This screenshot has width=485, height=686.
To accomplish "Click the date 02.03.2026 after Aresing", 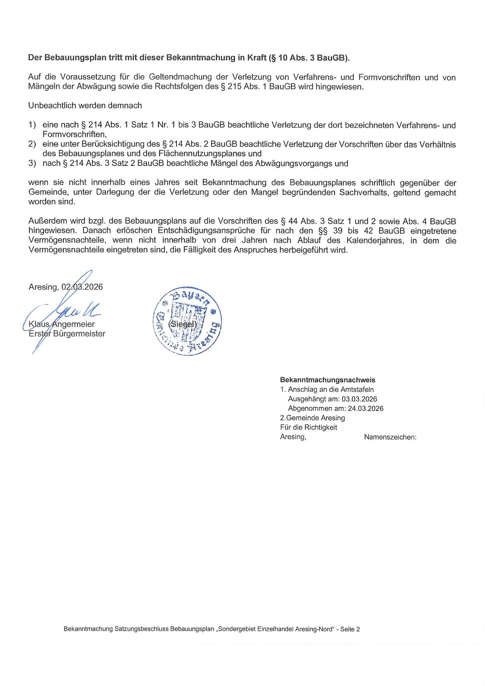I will [x=82, y=287].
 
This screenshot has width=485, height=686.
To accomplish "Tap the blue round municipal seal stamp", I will [x=187, y=321].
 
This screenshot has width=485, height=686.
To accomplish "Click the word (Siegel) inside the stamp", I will [x=182, y=324].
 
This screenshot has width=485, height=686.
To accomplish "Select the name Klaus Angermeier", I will [x=61, y=324].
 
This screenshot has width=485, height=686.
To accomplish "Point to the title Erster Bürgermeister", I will [x=67, y=334].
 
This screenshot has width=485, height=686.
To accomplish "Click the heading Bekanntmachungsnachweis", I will [x=327, y=380].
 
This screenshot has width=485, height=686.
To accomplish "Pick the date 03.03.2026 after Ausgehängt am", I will [x=359, y=399].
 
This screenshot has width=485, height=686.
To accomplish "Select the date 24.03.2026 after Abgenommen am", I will [x=365, y=409].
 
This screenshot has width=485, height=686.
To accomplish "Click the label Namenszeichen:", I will [x=390, y=437].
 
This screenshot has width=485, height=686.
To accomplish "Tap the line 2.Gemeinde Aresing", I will [x=312, y=418].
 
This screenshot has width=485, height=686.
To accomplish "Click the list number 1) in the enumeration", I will [x=32, y=125].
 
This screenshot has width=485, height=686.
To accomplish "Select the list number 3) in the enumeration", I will [x=32, y=163].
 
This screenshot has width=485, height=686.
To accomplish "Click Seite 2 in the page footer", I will [x=350, y=629].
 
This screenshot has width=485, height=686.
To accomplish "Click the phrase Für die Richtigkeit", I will [x=308, y=427].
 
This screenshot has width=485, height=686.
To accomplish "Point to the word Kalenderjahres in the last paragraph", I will [x=375, y=240].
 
